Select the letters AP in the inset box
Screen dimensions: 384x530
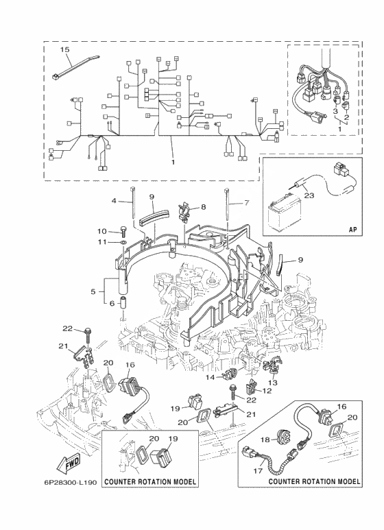pyautogui.click(x=352, y=229)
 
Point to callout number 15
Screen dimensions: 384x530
pyautogui.click(x=64, y=49)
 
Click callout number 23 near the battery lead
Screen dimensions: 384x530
pyautogui.click(x=309, y=195)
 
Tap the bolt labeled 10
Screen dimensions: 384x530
pyautogui.click(x=123, y=231)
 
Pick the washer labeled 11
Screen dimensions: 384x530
pyautogui.click(x=124, y=242)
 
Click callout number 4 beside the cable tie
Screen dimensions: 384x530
pyautogui.click(x=115, y=201)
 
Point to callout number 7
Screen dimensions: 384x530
pyautogui.click(x=247, y=203)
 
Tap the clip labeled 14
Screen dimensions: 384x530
pyautogui.click(x=231, y=374)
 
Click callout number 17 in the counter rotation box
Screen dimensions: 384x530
pyautogui.click(x=258, y=470)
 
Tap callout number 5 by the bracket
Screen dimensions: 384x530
pyautogui.click(x=93, y=291)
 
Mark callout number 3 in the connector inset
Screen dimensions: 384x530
pyautogui.click(x=335, y=111)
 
